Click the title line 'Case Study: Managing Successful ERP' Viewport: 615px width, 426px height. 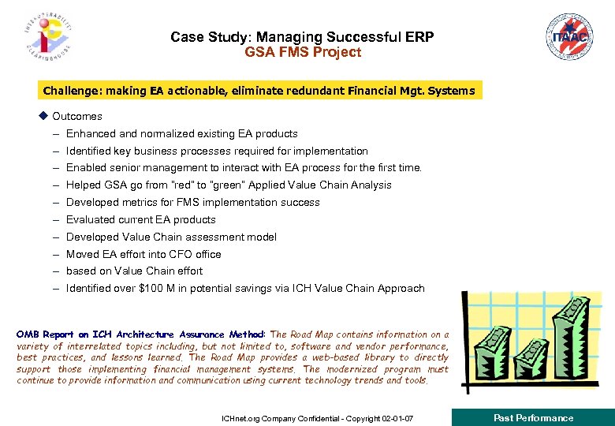(x=302, y=37)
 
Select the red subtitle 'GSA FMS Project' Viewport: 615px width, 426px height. (x=302, y=53)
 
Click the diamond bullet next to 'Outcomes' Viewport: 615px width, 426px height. (x=43, y=116)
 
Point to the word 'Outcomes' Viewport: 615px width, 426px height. (x=77, y=117)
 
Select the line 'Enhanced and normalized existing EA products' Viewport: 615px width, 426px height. (x=181, y=134)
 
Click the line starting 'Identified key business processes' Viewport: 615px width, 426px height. (x=217, y=151)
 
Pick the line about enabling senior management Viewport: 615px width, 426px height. (x=244, y=168)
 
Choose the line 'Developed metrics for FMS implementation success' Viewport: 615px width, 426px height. (x=192, y=203)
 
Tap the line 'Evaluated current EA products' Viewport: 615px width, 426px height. (x=140, y=220)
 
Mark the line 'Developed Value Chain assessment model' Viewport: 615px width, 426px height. (x=171, y=237)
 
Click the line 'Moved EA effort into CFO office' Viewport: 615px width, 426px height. (x=143, y=255)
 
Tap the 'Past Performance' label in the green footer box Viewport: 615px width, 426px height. (x=533, y=418)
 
